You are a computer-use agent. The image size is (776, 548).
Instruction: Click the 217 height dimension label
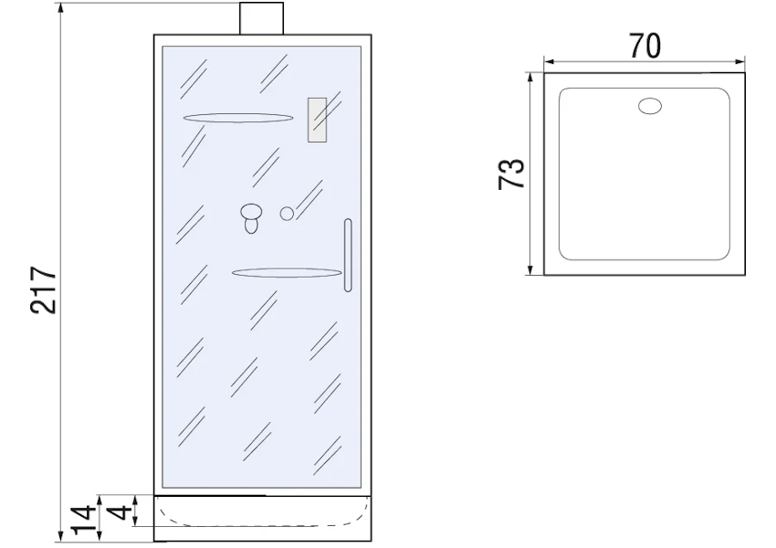44,290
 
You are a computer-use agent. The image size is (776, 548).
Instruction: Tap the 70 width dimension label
645,46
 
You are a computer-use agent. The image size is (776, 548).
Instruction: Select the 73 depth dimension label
511,174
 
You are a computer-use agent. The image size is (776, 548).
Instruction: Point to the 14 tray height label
83,521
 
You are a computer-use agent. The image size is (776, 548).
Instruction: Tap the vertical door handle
348,255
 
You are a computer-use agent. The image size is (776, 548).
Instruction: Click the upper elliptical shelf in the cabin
238,118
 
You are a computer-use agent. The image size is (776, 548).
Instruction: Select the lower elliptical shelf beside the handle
287,273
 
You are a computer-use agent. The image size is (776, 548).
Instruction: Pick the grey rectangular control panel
317,120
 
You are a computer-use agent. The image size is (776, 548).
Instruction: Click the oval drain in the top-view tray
650,107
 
